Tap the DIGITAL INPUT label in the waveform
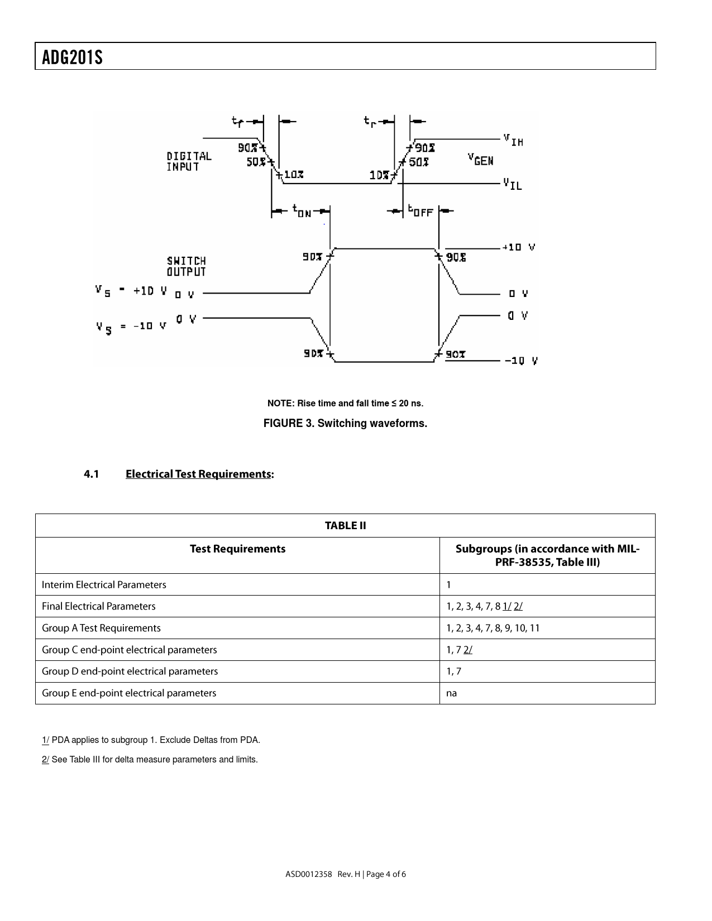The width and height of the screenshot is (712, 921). click(x=189, y=161)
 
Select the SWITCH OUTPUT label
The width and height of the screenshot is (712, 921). click(x=187, y=266)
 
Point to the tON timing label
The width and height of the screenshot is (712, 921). click(x=302, y=211)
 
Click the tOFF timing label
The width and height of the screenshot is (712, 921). click(x=420, y=211)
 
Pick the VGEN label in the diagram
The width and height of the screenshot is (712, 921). click(x=480, y=160)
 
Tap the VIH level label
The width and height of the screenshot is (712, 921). click(x=513, y=140)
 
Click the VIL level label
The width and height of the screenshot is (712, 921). click(x=512, y=184)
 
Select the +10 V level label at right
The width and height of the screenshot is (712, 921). click(x=518, y=247)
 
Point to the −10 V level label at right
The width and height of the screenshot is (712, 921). click(x=521, y=361)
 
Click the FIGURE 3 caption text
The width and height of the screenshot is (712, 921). click(x=345, y=423)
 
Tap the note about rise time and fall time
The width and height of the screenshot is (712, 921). click(x=345, y=403)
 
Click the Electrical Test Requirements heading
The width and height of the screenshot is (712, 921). click(x=199, y=474)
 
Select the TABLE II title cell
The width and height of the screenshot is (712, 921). click(x=345, y=525)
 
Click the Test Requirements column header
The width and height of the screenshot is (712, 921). click(x=237, y=549)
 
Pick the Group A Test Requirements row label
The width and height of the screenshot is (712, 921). click(x=101, y=628)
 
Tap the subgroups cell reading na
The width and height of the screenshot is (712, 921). click(x=452, y=693)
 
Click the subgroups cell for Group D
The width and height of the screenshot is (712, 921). click(x=454, y=671)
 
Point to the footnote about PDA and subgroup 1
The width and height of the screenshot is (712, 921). click(x=151, y=740)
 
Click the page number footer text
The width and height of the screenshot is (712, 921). click(x=345, y=874)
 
